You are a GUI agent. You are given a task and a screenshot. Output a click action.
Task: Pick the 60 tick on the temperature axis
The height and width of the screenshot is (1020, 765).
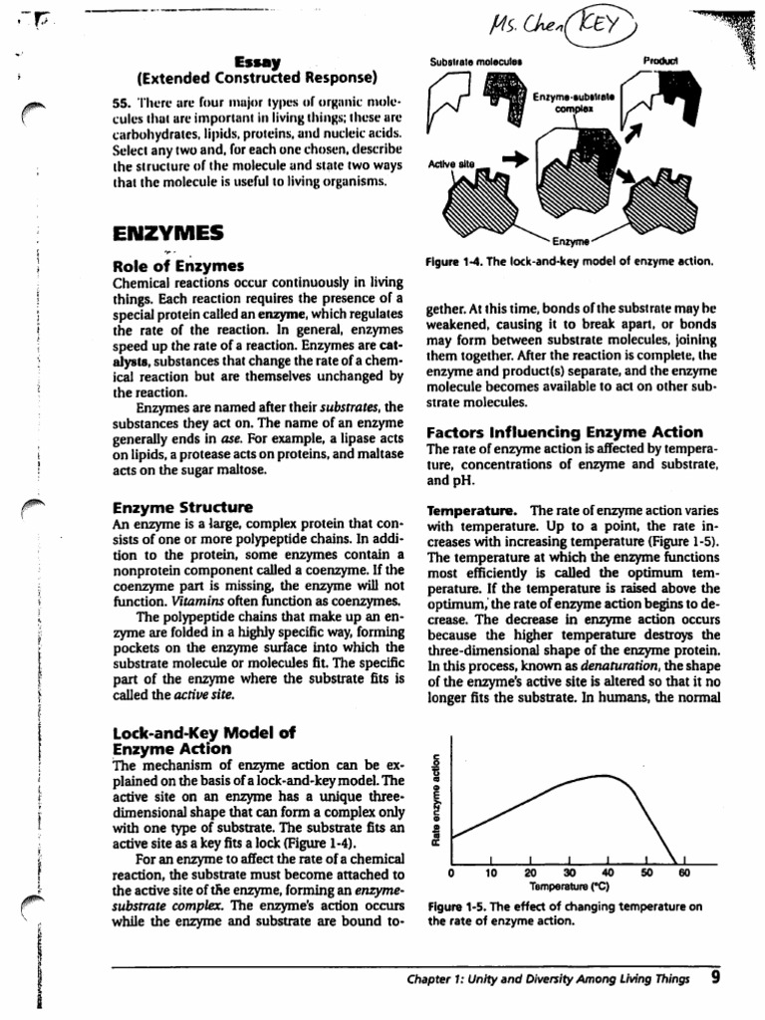683,874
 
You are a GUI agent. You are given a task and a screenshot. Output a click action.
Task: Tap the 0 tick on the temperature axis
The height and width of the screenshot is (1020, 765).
451,874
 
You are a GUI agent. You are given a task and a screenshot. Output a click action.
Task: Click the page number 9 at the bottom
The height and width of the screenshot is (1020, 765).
716,977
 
